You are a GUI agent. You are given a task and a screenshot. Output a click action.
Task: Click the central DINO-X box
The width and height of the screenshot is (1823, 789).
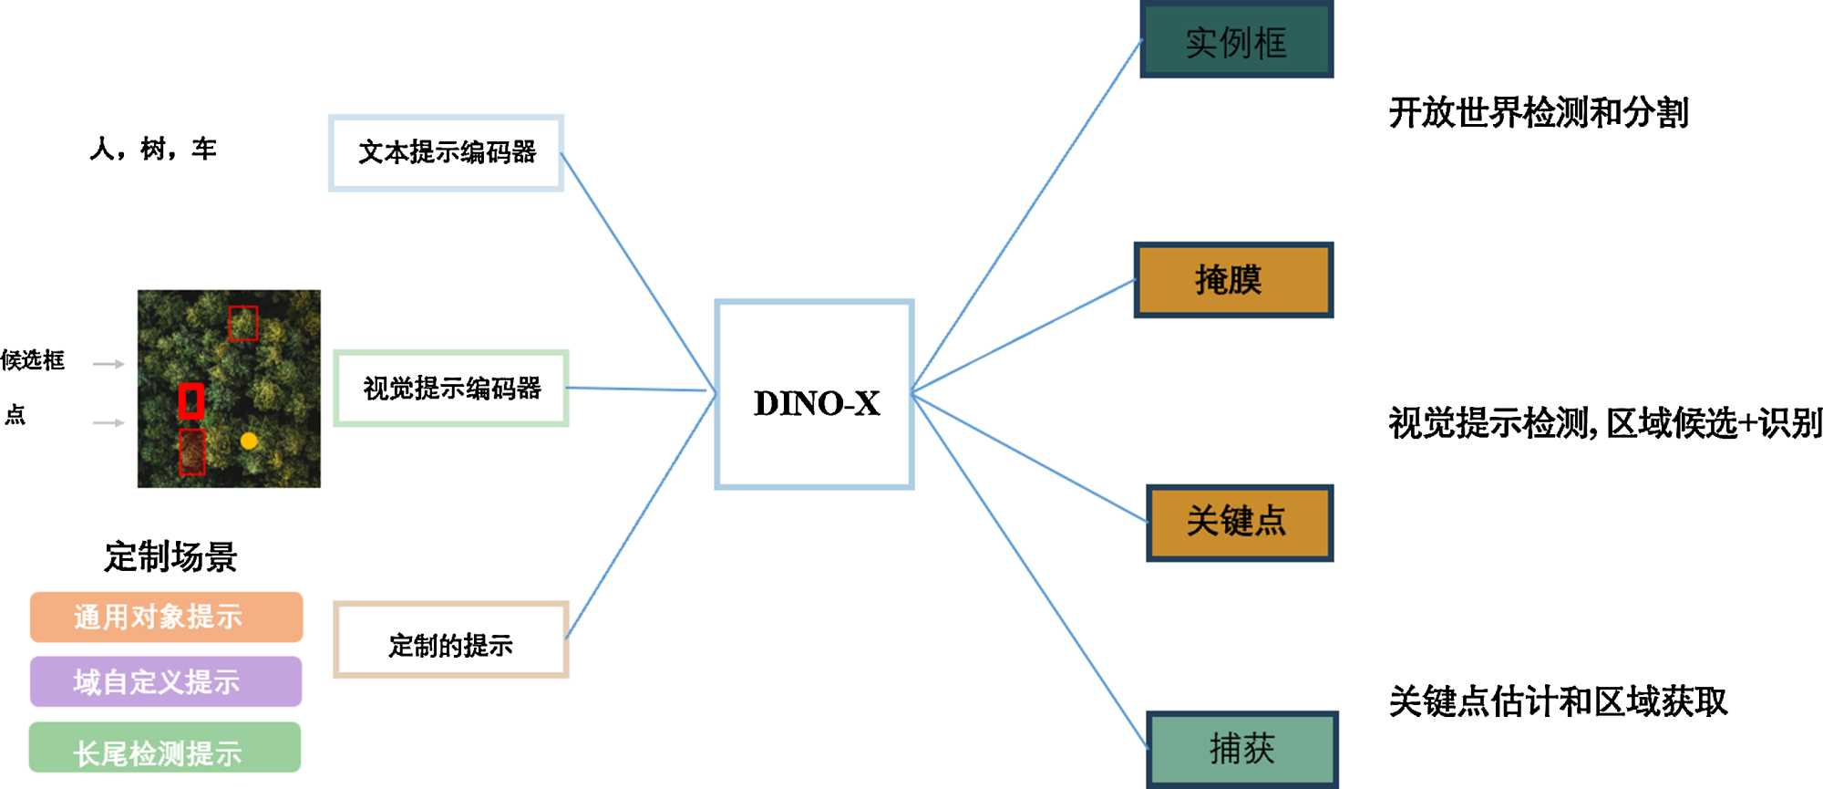point(814,394)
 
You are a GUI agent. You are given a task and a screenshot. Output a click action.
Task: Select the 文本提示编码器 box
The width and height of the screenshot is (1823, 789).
point(446,152)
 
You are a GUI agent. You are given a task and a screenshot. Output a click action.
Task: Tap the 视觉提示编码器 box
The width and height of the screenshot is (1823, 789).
point(451,389)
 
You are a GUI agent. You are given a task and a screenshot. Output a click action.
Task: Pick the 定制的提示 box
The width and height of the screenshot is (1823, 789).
point(451,639)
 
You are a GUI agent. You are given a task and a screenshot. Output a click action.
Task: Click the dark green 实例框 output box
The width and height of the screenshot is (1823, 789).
point(1236,40)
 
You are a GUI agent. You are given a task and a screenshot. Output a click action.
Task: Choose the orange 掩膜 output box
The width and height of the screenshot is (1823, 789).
point(1233,280)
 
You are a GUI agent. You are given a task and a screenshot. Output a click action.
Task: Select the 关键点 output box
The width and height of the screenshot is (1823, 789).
point(1239,523)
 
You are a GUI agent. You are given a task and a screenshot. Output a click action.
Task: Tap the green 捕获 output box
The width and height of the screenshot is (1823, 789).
point(1241,749)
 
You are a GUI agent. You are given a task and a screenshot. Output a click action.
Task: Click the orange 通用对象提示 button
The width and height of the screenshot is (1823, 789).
point(166,618)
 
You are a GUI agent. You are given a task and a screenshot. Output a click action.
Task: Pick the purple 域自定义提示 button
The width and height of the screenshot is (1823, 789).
point(165,681)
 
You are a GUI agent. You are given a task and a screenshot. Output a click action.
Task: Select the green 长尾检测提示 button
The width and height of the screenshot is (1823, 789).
point(164,748)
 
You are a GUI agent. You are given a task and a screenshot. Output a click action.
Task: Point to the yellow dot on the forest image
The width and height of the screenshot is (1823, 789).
point(248,441)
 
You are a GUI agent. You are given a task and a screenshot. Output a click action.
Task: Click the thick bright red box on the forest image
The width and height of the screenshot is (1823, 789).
point(191,401)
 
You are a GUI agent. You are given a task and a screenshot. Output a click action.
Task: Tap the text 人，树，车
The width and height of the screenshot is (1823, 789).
point(153,149)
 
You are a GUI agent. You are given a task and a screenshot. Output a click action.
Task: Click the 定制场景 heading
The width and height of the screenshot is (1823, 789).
point(170,556)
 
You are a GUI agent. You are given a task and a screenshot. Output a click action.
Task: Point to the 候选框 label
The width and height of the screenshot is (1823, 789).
point(33,360)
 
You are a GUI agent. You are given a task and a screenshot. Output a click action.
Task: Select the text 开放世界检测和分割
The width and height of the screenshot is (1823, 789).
point(1538,113)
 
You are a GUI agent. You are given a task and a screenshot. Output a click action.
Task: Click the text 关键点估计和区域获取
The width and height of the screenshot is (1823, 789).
point(1557,701)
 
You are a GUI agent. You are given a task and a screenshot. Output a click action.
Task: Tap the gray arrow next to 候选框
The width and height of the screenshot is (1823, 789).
point(108,364)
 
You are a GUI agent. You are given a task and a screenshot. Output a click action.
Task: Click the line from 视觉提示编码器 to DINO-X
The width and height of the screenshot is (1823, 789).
point(638,389)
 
